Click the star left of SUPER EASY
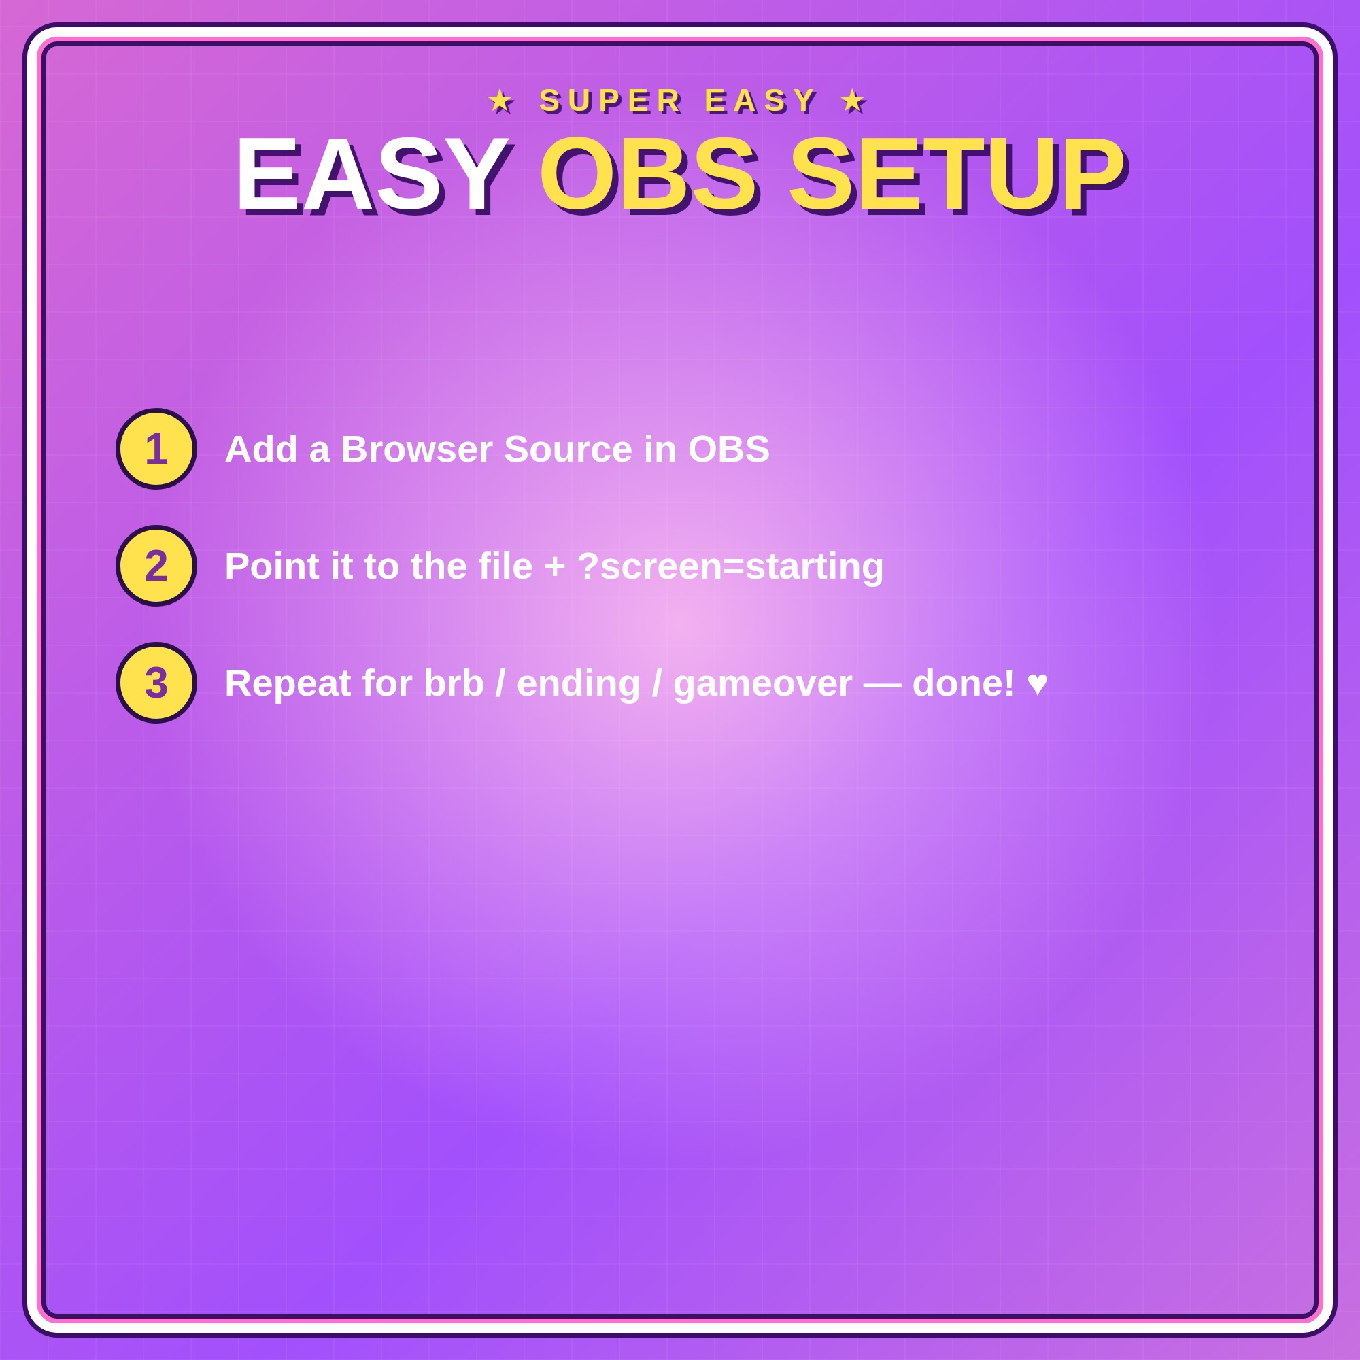(501, 101)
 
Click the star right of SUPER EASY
(853, 101)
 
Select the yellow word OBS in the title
(647, 175)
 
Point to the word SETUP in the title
(956, 175)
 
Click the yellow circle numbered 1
(156, 448)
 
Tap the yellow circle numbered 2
(156, 565)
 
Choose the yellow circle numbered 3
(156, 682)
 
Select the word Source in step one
(568, 449)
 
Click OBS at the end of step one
(728, 449)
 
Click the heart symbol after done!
(1038, 683)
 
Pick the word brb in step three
(454, 683)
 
